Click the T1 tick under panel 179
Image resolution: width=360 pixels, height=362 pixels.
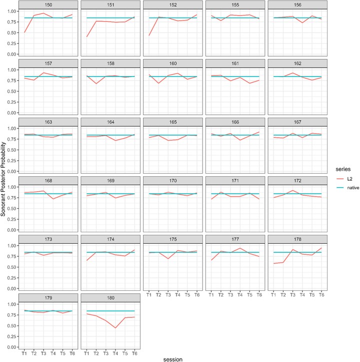(24, 353)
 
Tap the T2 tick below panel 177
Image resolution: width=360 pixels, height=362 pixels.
(221, 295)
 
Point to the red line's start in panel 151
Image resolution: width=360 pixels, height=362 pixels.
(86, 37)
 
